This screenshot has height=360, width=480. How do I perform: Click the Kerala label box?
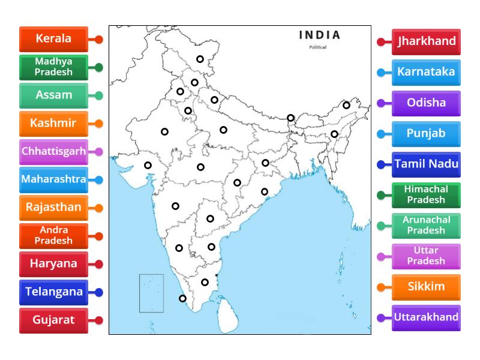pyautogui.click(x=53, y=39)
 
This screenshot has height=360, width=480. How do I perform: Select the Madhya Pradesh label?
pyautogui.click(x=53, y=67)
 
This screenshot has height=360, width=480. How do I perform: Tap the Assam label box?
pyautogui.click(x=53, y=95)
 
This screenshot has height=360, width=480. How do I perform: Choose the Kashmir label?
pyautogui.click(x=53, y=124)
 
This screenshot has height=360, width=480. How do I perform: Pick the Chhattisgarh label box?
pyautogui.click(x=53, y=151)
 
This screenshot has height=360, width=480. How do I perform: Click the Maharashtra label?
pyautogui.click(x=53, y=179)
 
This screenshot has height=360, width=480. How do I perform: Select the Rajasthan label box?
pyautogui.click(x=53, y=208)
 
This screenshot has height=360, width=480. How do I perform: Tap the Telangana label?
pyautogui.click(x=53, y=292)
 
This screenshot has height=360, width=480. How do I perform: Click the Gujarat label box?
pyautogui.click(x=53, y=320)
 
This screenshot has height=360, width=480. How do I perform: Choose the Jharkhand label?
pyautogui.click(x=426, y=41)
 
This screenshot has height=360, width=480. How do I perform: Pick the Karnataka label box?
pyautogui.click(x=426, y=72)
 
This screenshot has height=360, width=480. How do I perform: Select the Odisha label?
pyautogui.click(x=426, y=103)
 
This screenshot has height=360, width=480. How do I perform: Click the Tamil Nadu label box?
pyautogui.click(x=426, y=164)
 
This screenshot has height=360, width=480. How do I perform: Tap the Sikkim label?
pyautogui.click(x=426, y=287)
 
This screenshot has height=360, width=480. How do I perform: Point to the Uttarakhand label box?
pyautogui.click(x=426, y=317)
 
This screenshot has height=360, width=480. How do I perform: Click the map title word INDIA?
pyautogui.click(x=319, y=35)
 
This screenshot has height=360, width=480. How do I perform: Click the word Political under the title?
pyautogui.click(x=318, y=47)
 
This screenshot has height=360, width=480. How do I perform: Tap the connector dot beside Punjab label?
pyautogui.click(x=381, y=134)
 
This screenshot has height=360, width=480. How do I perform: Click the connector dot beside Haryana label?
pyautogui.click(x=99, y=264)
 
